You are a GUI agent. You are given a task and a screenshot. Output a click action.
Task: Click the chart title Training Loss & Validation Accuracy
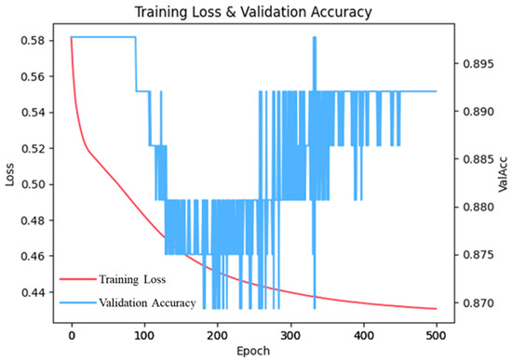click(253, 12)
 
